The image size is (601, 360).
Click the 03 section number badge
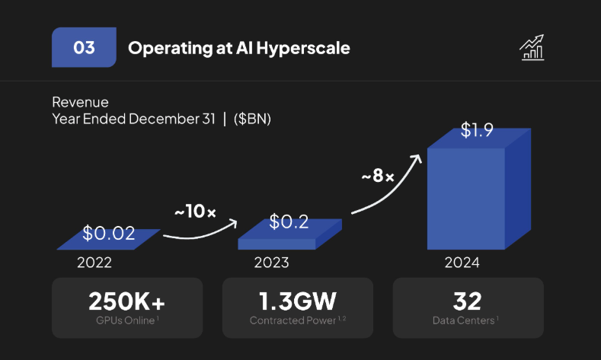coord(84,48)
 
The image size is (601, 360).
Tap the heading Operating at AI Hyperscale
coord(239,48)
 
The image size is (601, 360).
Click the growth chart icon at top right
coord(532,47)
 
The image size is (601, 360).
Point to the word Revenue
coord(80,102)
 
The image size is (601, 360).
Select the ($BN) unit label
coord(253,119)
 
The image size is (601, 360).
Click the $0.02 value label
coord(108,231)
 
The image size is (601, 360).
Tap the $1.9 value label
coord(477,130)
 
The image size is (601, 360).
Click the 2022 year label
coord(94,263)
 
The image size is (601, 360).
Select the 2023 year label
coord(271,263)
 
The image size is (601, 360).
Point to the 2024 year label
coord(462,263)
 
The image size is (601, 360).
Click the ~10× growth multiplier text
coord(195,212)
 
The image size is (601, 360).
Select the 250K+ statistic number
coord(126,301)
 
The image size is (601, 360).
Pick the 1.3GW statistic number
coord(297,301)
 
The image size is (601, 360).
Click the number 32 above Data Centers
coord(468,301)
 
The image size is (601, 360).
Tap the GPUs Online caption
coord(125,320)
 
